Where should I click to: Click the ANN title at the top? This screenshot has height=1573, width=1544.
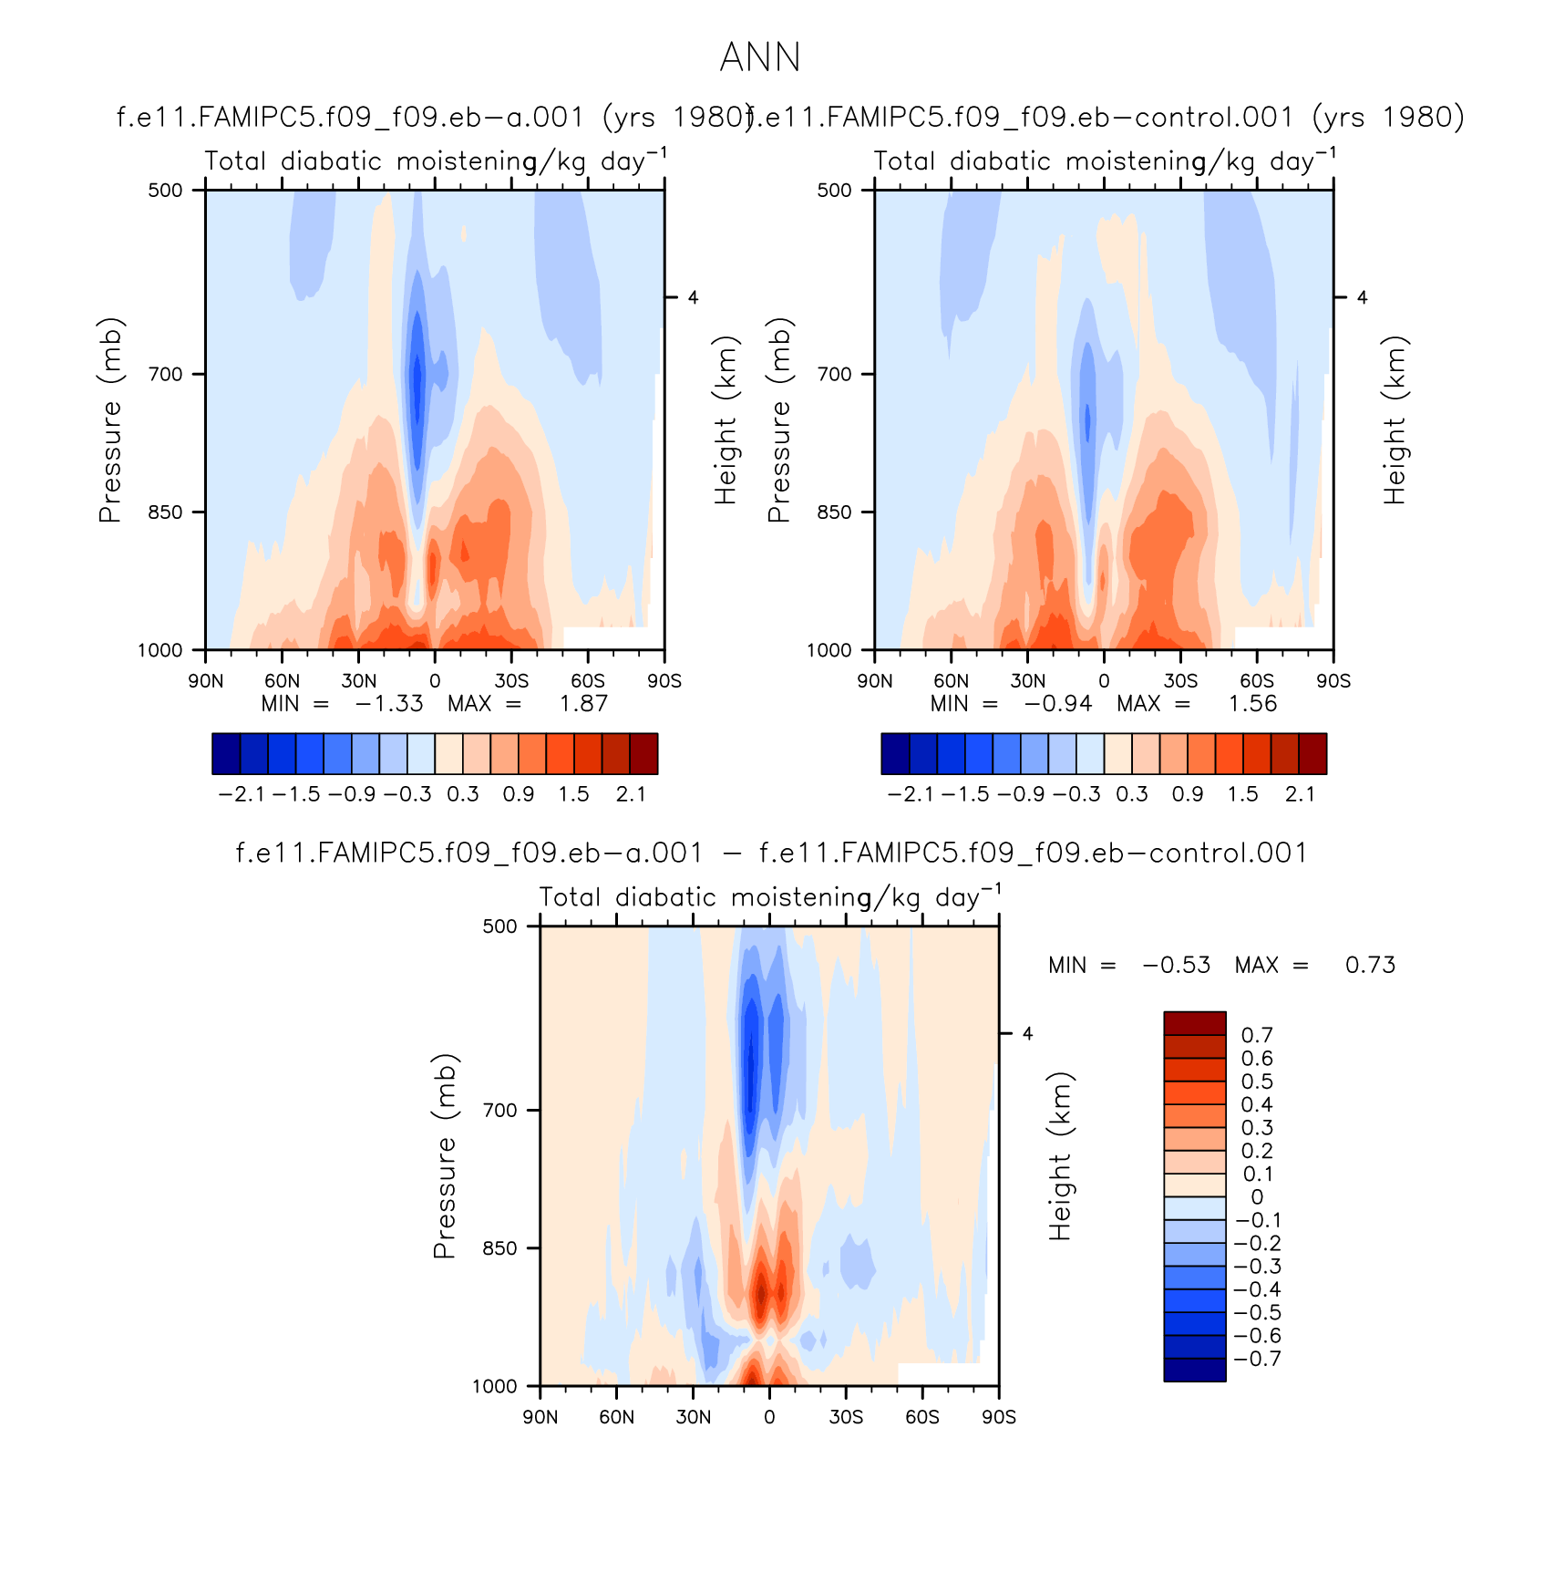click(760, 58)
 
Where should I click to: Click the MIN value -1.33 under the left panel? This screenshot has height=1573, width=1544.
click(389, 704)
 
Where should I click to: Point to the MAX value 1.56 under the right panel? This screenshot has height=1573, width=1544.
click(1253, 704)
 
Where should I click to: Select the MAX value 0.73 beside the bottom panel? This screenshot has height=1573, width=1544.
click(1370, 965)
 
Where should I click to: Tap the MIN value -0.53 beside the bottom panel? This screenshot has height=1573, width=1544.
click(1177, 965)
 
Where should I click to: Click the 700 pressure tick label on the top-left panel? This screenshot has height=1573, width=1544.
click(165, 374)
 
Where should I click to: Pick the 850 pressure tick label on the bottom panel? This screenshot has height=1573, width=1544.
click(499, 1248)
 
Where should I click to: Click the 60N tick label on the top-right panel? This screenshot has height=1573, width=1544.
click(952, 681)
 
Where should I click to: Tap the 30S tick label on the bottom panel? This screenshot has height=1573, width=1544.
click(846, 1417)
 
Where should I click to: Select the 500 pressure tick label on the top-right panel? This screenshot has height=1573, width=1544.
click(834, 191)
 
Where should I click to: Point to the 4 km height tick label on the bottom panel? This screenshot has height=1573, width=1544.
click(1027, 1034)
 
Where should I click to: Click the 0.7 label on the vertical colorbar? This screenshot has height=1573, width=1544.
click(1257, 1035)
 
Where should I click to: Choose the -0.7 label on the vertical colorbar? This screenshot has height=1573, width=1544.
click(1257, 1359)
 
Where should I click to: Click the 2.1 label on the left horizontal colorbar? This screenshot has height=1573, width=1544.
click(631, 794)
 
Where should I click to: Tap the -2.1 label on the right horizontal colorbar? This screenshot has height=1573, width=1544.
click(910, 794)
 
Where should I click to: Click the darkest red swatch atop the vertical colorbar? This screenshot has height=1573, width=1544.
click(1194, 1022)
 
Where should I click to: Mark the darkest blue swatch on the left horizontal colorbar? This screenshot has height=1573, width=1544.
click(226, 754)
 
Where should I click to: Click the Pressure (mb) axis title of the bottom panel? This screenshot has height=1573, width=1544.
click(444, 1156)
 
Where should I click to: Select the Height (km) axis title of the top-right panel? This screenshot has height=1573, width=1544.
click(1395, 420)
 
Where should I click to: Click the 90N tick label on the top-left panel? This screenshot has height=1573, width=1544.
click(206, 681)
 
